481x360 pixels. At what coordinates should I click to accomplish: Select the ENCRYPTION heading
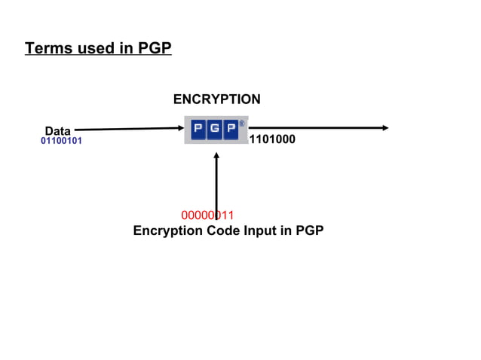click(216, 99)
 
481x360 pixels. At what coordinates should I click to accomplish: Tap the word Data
click(57, 131)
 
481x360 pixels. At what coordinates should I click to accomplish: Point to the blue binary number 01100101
click(61, 141)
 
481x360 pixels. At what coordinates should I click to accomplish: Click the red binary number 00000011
click(207, 215)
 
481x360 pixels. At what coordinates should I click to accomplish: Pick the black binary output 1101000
click(272, 139)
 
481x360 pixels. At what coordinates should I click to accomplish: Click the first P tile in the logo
click(198, 130)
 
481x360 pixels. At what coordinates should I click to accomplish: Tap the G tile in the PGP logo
click(214, 130)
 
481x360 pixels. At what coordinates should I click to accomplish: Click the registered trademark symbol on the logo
click(242, 123)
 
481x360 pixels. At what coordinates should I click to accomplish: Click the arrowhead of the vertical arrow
click(216, 156)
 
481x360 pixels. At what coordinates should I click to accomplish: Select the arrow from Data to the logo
click(128, 129)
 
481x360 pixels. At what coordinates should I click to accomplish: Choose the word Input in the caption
click(260, 231)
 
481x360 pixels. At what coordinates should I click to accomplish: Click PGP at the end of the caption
click(308, 231)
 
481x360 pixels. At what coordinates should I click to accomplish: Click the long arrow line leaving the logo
click(317, 128)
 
